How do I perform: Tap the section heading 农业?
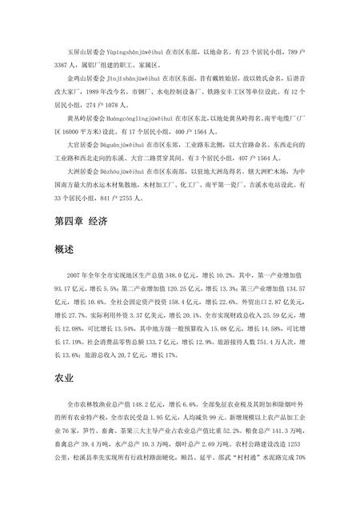tap(65, 375)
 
